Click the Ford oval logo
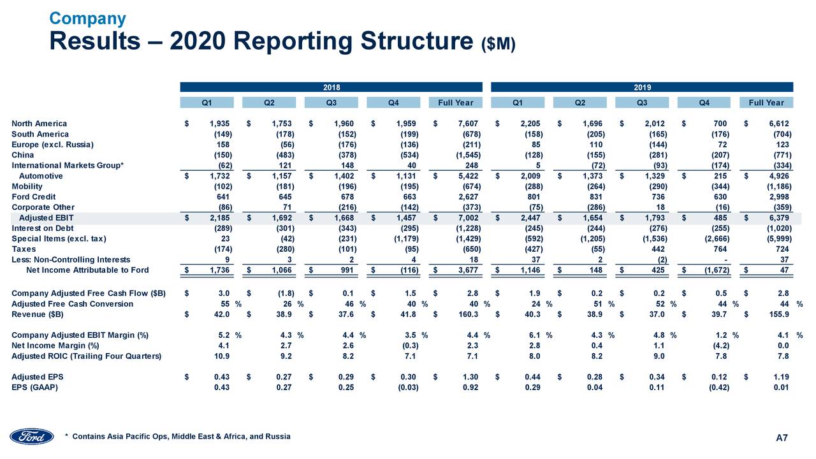32,436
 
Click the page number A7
782,437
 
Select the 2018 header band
331,87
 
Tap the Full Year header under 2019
766,103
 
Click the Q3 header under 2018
331,103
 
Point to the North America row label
40,124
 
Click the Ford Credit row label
33,197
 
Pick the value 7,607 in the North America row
469,124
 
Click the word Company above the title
88,18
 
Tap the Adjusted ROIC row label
86,356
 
